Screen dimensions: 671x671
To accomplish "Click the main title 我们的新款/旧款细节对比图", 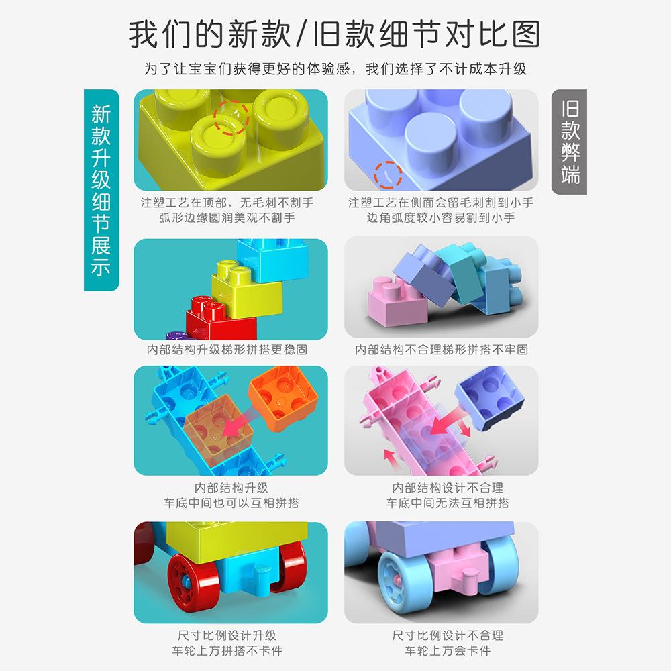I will pyautogui.click(x=335, y=34).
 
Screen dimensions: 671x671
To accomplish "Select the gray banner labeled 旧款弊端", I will pyautogui.click(x=569, y=142).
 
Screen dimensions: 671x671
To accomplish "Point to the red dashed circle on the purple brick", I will pyautogui.click(x=387, y=175).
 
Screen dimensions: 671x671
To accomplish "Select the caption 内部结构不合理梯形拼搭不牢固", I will pyautogui.click(x=442, y=350).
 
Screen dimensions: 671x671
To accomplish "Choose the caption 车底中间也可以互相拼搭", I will pyautogui.click(x=231, y=503).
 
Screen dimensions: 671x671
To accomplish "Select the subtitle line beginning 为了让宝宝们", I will pyautogui.click(x=335, y=69).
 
